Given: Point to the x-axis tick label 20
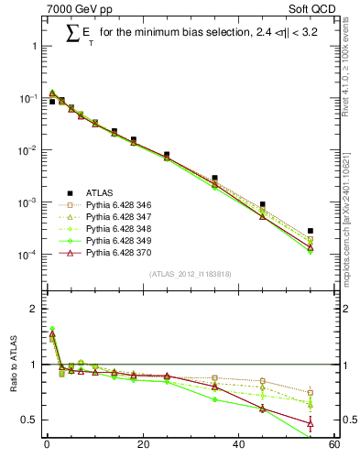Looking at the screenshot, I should coord(142,446).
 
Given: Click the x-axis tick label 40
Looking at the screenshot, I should coord(238,446).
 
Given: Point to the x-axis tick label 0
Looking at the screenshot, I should coord(47,446).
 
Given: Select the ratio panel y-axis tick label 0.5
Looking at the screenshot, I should coord(29,420).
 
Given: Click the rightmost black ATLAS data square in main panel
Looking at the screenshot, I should coord(311,231).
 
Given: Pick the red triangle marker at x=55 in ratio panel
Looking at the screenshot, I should coord(311,423).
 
